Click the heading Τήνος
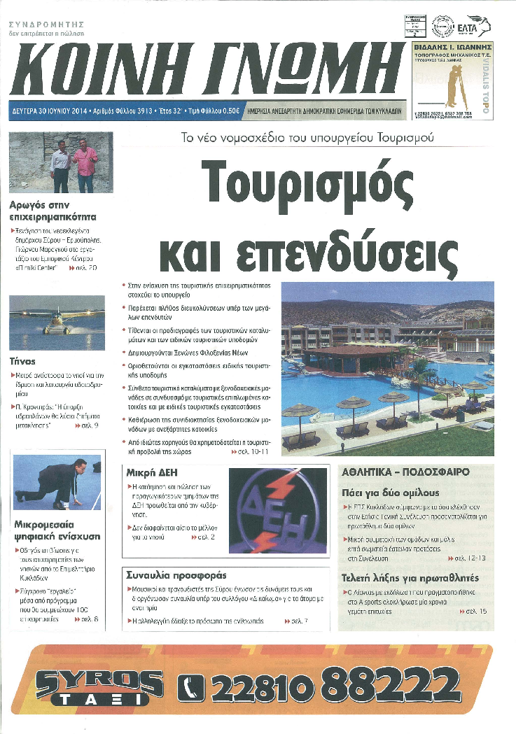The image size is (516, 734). [x=22, y=362]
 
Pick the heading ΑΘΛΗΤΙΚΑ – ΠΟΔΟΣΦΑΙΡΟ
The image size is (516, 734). [x=405, y=472]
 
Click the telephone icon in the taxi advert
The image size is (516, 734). [x=192, y=687]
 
